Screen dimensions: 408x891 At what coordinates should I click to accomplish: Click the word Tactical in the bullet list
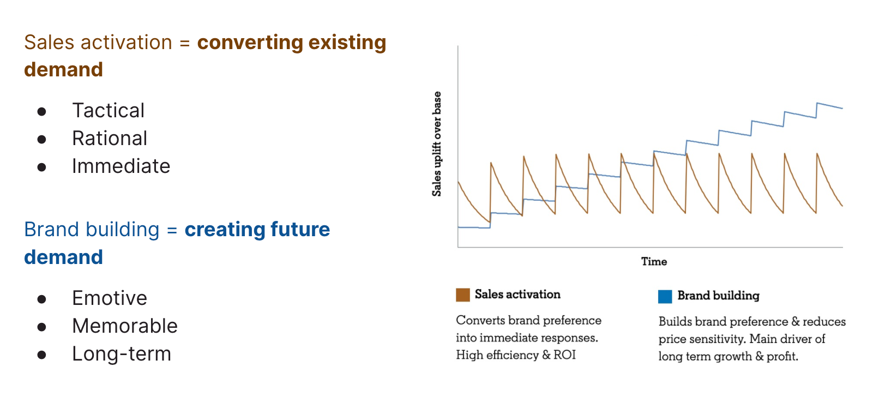(x=108, y=111)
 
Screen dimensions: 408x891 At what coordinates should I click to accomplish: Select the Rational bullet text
(x=110, y=139)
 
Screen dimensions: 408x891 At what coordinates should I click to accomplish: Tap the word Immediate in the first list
(x=121, y=166)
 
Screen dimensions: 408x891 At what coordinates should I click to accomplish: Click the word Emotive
(x=109, y=298)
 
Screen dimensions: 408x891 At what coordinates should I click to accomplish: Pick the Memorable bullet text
(x=124, y=326)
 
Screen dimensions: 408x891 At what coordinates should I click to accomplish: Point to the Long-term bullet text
(x=121, y=354)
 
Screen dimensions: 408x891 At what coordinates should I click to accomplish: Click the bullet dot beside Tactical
(x=41, y=112)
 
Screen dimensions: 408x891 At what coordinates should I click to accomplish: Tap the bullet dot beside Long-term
(x=41, y=355)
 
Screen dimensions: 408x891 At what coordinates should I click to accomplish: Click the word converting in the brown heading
(x=249, y=43)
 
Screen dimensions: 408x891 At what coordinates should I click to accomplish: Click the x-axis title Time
(x=654, y=262)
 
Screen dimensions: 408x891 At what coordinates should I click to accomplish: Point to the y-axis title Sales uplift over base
(x=437, y=144)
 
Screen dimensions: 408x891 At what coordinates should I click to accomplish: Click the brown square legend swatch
(x=462, y=295)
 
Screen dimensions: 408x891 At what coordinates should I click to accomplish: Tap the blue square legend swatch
(x=665, y=297)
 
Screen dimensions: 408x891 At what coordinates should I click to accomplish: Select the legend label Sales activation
(x=517, y=295)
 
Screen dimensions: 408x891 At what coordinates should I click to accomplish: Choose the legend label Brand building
(x=718, y=296)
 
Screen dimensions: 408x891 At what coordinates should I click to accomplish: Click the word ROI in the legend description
(x=564, y=355)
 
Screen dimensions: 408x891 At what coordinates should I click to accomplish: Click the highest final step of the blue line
(x=829, y=105)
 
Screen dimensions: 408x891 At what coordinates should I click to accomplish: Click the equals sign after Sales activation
(x=184, y=43)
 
